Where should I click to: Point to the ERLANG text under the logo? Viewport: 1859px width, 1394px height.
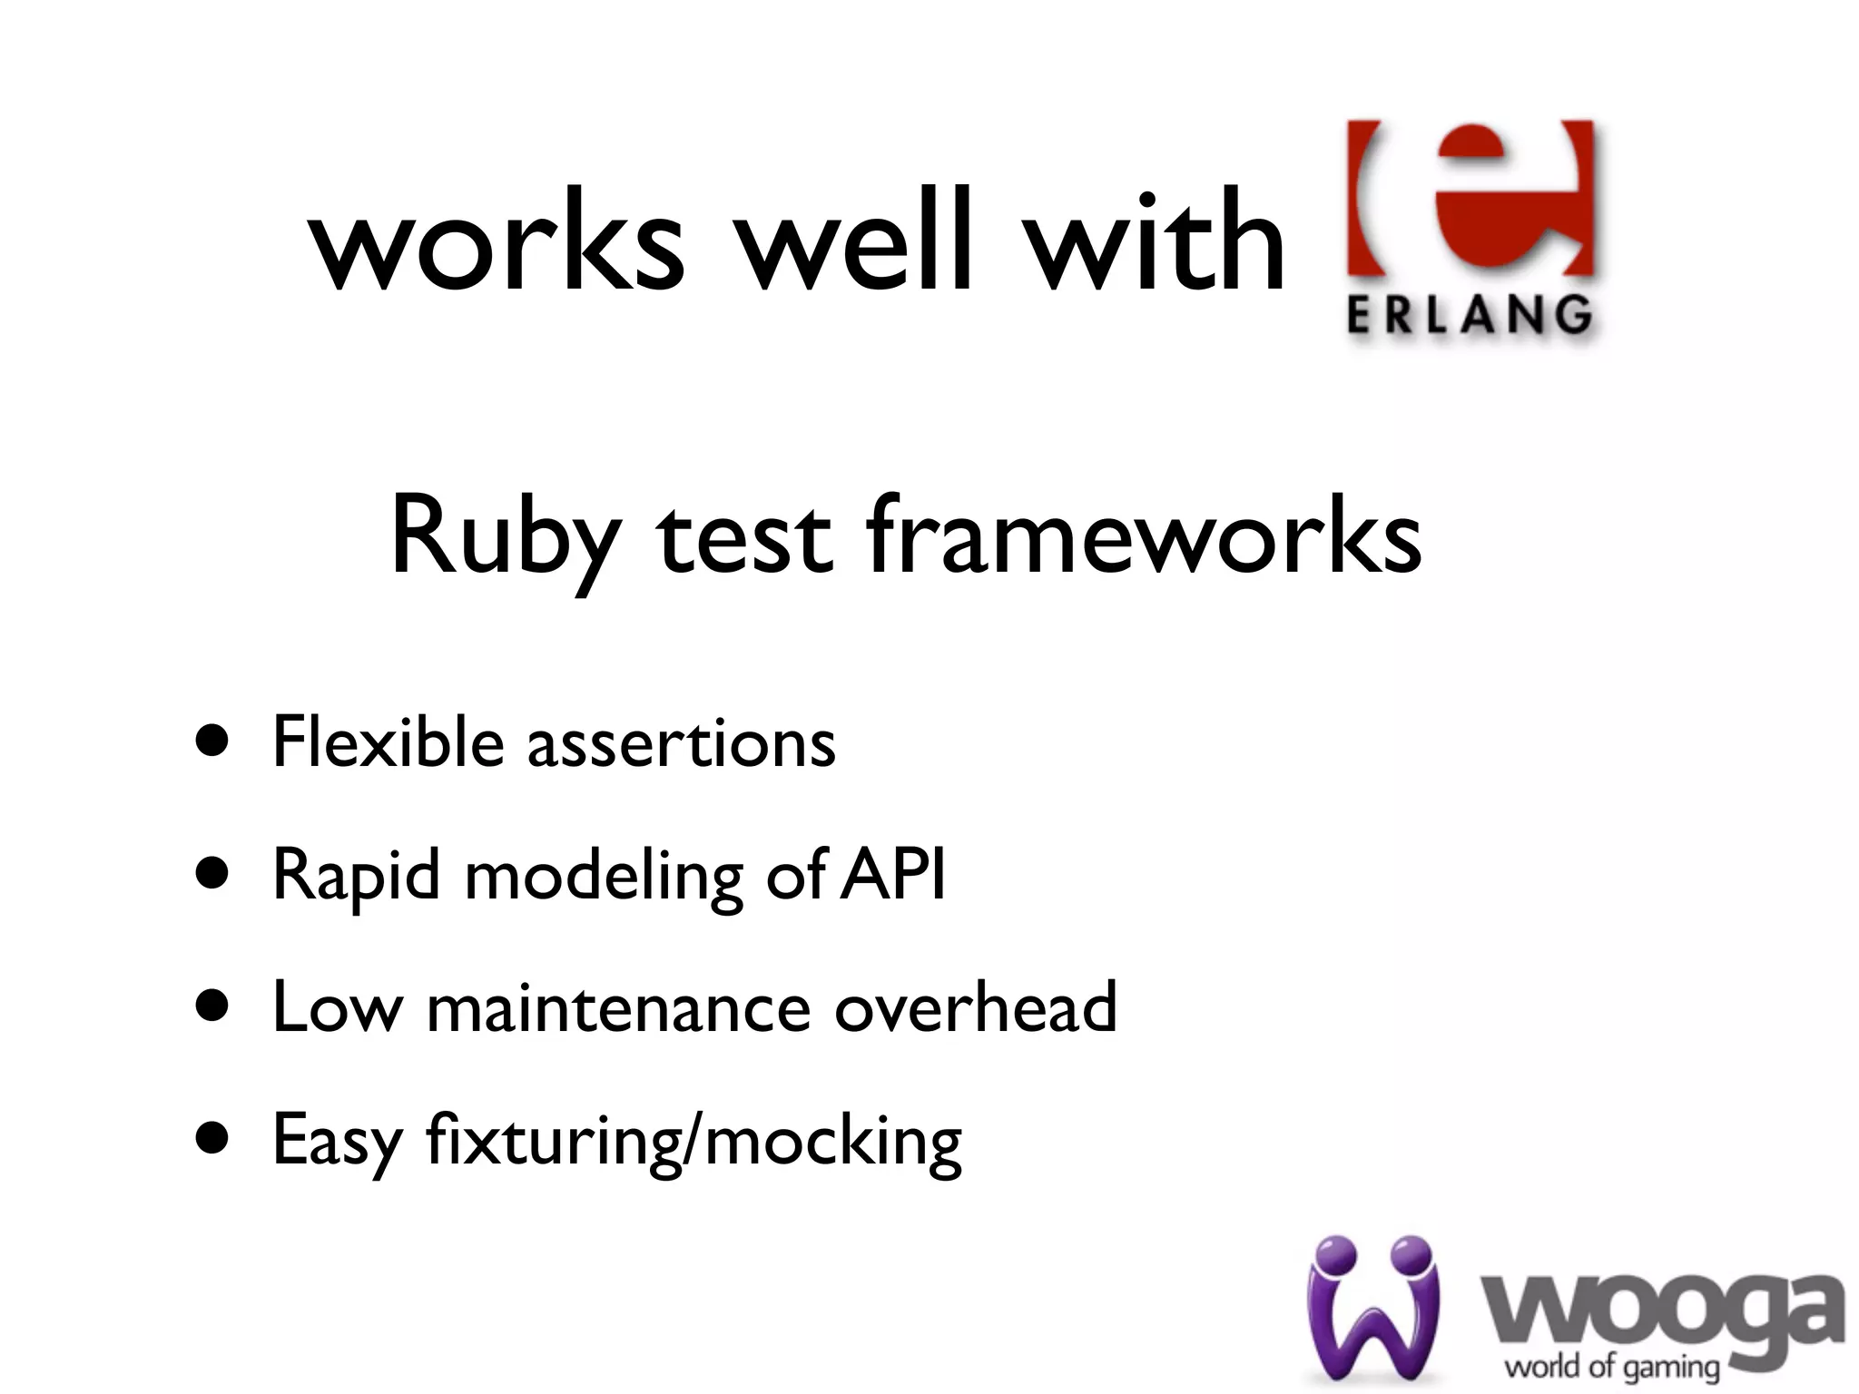point(1469,317)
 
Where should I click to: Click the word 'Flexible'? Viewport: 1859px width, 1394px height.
point(388,741)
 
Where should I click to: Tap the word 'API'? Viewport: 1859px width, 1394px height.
point(892,874)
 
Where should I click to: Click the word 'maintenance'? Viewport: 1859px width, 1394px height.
point(618,1006)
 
